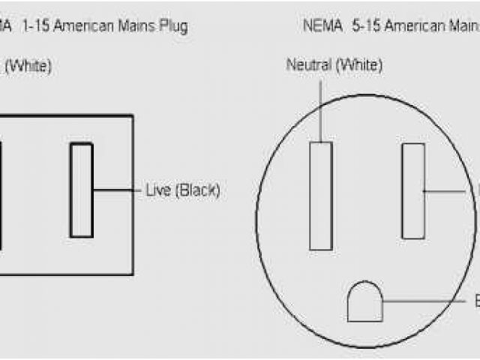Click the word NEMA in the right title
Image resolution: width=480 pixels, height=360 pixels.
point(321,26)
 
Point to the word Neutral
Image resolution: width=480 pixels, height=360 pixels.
point(309,65)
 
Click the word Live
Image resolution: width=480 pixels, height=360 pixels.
point(157,190)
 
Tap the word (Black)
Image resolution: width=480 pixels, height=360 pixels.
point(196,190)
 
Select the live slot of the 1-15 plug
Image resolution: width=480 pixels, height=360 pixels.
point(82,190)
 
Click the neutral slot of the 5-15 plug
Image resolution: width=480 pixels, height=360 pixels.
point(320,195)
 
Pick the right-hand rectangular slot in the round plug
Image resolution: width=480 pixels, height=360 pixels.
point(412,190)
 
